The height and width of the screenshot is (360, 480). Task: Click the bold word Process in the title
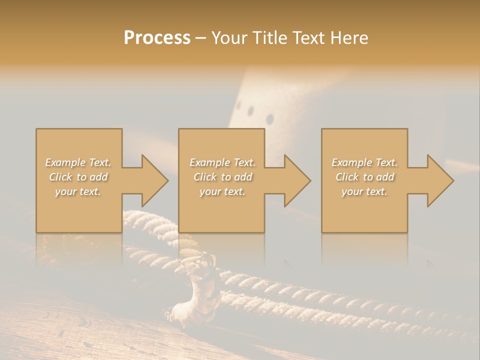coord(157,38)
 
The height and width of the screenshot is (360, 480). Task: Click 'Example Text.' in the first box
coord(78,162)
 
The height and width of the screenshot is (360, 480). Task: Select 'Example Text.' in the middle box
coord(222,162)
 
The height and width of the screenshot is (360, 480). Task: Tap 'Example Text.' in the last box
coord(364,162)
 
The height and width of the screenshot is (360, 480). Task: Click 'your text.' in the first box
coord(78,191)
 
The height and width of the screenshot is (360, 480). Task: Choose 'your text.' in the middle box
coord(222,191)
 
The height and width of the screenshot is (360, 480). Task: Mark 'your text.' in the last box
coord(364,191)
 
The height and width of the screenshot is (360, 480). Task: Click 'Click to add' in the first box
coord(78,177)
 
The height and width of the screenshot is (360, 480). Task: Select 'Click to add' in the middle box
coord(222,177)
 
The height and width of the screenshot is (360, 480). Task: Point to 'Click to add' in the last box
coord(364,177)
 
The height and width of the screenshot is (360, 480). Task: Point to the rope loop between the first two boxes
coord(150,220)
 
